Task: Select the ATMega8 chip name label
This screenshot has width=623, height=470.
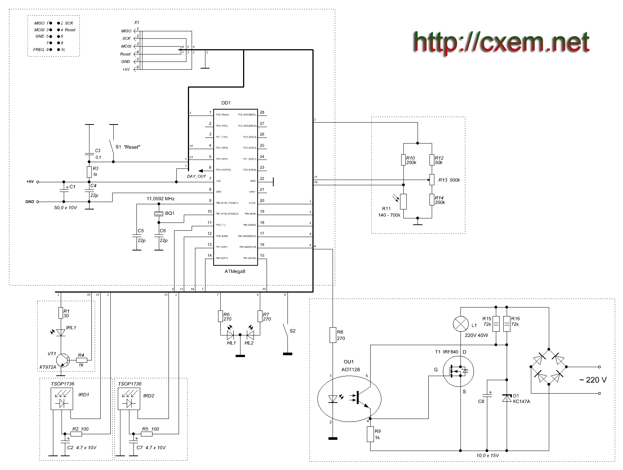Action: [235, 271]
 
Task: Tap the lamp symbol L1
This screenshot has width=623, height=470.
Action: [460, 324]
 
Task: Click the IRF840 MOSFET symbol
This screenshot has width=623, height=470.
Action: [458, 371]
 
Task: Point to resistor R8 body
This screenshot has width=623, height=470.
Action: [333, 335]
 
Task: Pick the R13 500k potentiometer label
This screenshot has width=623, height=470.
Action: [449, 180]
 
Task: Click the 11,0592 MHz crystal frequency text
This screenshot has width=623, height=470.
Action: [161, 199]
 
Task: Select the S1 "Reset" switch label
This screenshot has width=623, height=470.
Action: [128, 147]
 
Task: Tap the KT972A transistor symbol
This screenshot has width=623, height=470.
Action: [63, 360]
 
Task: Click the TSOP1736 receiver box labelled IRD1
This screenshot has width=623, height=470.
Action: [62, 399]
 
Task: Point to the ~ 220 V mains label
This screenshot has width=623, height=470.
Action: [592, 380]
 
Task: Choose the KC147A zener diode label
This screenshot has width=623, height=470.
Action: [521, 401]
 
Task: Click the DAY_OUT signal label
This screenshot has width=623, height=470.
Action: [196, 176]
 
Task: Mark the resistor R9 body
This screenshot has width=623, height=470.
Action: [370, 434]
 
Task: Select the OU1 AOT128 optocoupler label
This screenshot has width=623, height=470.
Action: [350, 366]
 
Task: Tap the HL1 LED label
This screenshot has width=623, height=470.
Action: [231, 343]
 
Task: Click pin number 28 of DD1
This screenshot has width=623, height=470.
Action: [262, 112]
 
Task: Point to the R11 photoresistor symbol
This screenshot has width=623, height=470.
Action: [403, 202]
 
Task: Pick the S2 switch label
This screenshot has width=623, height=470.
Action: [292, 331]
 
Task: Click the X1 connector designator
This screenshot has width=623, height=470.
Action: [136, 22]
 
